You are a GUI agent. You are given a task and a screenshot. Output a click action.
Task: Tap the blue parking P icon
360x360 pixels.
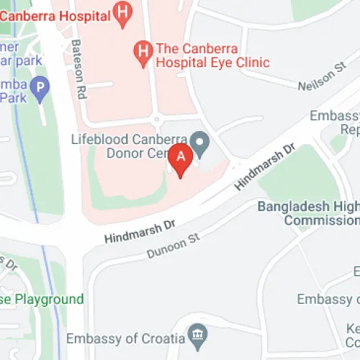40,89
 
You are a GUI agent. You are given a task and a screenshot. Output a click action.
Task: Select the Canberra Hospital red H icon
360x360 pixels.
125,12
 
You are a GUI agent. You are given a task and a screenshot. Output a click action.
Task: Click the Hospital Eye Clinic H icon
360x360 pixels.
143,50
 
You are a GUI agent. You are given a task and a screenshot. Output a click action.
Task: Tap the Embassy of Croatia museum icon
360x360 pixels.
196,334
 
